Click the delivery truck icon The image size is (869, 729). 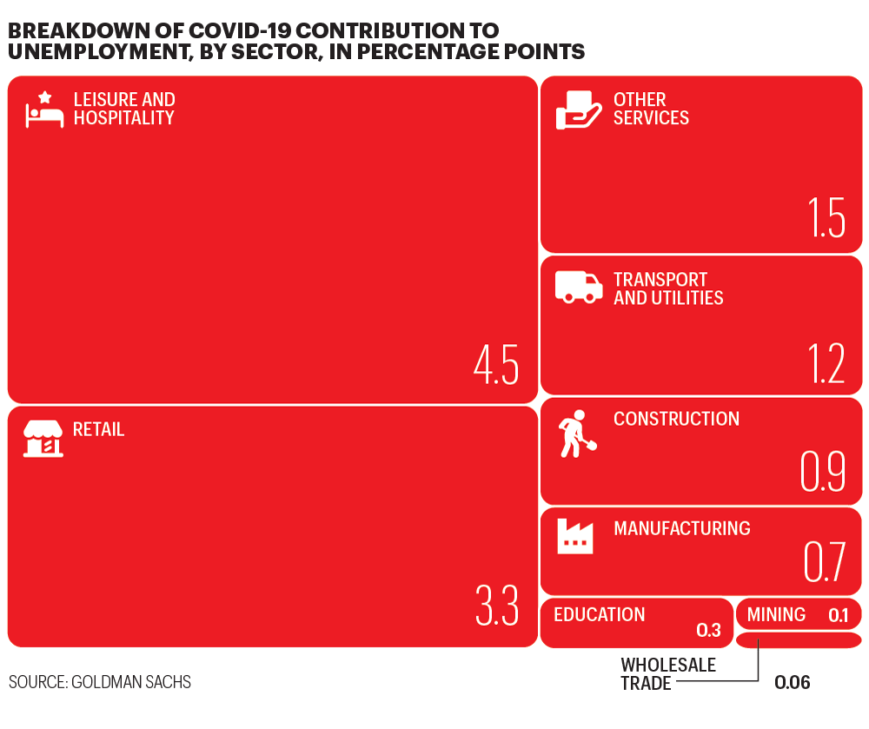click(579, 288)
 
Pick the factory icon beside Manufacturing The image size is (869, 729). click(574, 536)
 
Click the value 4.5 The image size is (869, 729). click(496, 365)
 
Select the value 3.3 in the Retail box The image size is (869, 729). click(497, 606)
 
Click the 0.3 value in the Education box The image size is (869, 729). click(709, 630)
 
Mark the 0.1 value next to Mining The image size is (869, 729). click(838, 616)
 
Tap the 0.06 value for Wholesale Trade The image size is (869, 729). click(793, 683)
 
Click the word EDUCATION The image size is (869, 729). click(600, 615)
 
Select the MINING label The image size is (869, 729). click(776, 615)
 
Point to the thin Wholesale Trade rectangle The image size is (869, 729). click(798, 640)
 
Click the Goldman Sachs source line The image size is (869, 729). click(100, 682)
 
